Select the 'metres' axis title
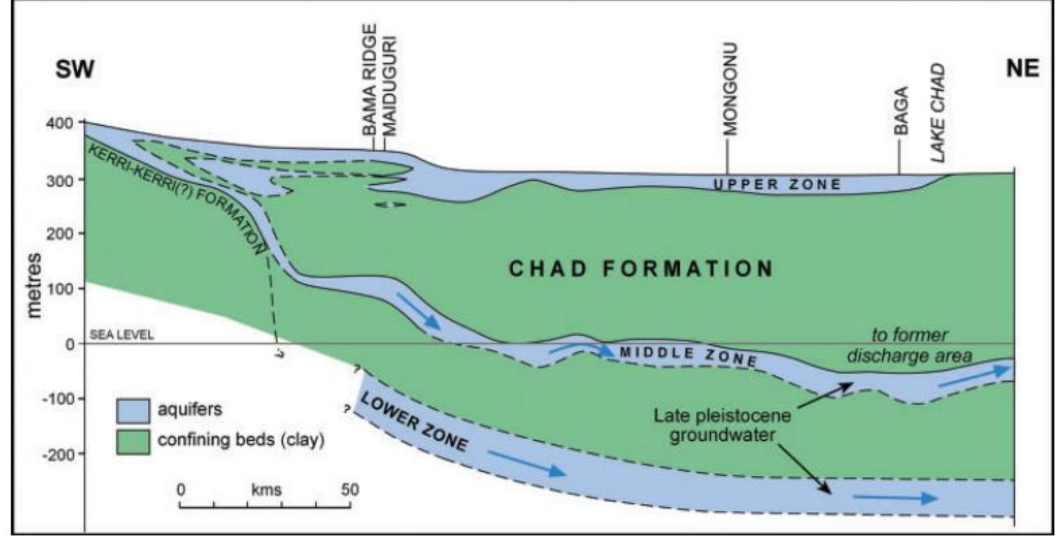34,285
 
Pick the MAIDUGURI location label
390,85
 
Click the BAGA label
901,110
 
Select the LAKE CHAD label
939,112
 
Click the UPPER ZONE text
777,184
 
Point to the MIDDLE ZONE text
688,356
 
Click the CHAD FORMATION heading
641,268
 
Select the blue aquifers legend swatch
133,410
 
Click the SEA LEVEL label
122,335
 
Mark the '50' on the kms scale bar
349,489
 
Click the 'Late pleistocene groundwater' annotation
722,425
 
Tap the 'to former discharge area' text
909,345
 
